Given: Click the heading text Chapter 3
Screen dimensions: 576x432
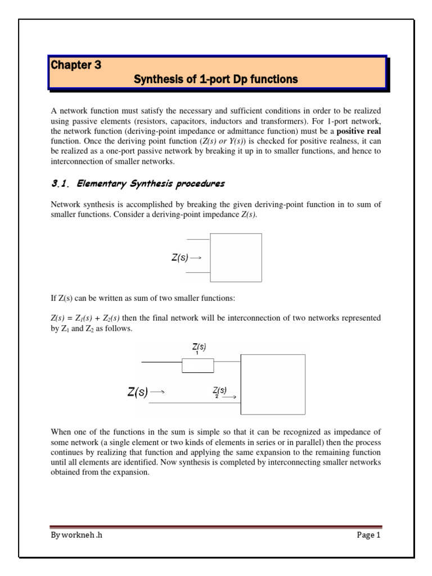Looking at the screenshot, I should coord(76,65).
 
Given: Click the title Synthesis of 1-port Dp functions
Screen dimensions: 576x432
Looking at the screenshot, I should coord(215,80).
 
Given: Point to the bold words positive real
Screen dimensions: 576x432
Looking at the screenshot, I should coord(358,130).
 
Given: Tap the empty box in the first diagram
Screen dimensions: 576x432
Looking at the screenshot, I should coord(236,258).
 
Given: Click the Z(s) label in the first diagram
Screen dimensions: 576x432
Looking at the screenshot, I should coord(181,258).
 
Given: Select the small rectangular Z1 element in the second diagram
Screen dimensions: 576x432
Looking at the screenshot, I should coord(197,366).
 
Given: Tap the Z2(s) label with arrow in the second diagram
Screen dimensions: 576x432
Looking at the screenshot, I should coord(220,392).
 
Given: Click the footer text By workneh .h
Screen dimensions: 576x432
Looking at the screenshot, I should coord(76,535).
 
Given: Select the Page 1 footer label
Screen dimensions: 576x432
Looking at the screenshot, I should coord(368,535).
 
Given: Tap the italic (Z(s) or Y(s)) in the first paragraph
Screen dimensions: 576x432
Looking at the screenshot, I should coord(221,141).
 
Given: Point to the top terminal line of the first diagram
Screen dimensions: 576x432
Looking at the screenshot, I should coord(198,240).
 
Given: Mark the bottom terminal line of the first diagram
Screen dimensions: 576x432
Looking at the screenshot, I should coord(198,272).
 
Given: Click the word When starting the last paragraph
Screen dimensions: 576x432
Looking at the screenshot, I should coord(62,432).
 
